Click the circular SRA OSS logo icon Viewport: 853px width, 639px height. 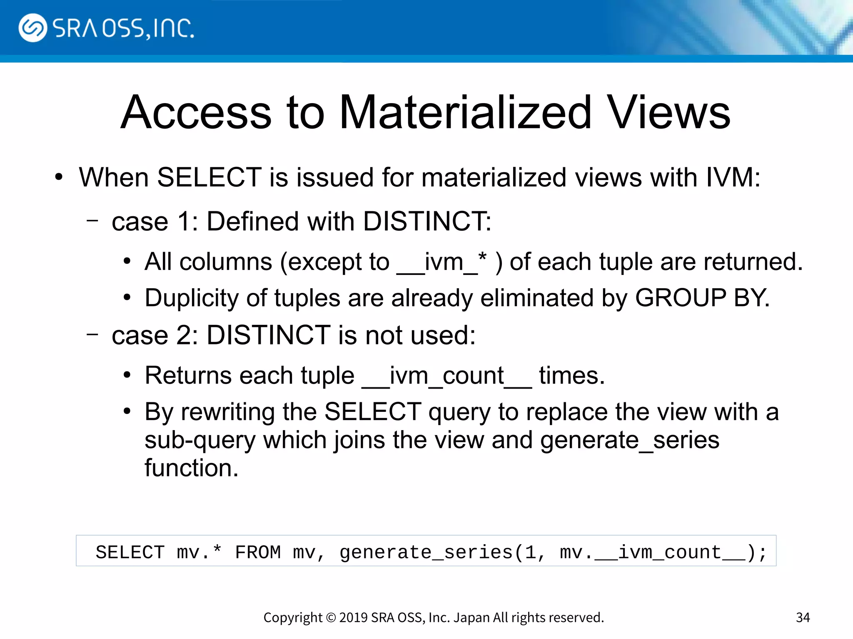click(x=32, y=28)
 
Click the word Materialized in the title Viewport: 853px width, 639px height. click(x=465, y=112)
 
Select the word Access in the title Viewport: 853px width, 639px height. click(x=196, y=112)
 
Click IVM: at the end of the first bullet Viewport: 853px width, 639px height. click(x=733, y=178)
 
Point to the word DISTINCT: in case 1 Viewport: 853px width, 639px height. click(x=427, y=221)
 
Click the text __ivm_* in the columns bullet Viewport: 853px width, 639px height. click(x=441, y=262)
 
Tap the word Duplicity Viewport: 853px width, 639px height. click(x=192, y=298)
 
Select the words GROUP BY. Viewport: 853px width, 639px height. click(x=702, y=298)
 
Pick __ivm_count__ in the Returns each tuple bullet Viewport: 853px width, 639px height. click(x=446, y=376)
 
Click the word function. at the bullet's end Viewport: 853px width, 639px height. click(x=192, y=468)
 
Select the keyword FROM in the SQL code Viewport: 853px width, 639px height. click(x=258, y=552)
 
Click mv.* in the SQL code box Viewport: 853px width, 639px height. click(x=199, y=552)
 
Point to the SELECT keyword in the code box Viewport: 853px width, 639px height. click(x=130, y=552)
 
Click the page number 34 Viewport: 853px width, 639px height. click(x=803, y=617)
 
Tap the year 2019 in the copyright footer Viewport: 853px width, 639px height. click(x=353, y=617)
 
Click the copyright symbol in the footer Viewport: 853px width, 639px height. click(x=331, y=617)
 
